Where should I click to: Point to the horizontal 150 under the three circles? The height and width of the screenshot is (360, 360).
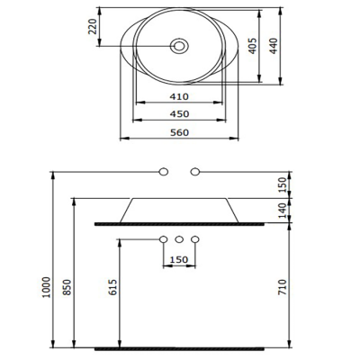point(179,262)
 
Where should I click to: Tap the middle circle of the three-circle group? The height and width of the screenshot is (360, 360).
point(179,239)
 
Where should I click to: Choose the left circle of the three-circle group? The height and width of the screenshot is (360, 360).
point(163,239)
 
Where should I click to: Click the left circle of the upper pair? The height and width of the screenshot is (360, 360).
point(164,170)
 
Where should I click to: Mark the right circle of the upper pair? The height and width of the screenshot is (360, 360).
point(194,170)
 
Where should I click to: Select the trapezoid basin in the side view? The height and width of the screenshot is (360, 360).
point(180,209)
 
